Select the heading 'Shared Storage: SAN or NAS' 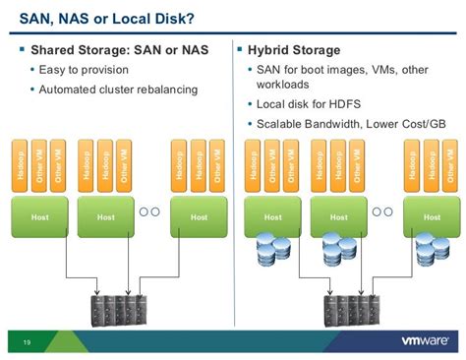click(119, 50)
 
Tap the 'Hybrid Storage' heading click(295, 50)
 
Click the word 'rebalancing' click(164, 90)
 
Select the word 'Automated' click(70, 90)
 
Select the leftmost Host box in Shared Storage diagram click(39, 216)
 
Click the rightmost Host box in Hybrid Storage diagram click(430, 216)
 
